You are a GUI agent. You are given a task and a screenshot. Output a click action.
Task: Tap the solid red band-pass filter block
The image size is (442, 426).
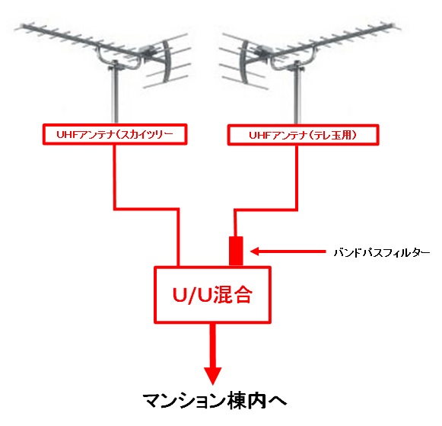click(236, 251)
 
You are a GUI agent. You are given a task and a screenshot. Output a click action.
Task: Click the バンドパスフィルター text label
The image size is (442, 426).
click(382, 252)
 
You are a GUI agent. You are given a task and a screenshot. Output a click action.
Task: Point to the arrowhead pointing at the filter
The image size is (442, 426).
click(255, 251)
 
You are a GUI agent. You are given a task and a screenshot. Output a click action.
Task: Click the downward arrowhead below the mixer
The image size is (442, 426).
click(212, 376)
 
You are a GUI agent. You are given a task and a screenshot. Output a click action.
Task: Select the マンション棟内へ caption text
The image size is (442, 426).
click(215, 401)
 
